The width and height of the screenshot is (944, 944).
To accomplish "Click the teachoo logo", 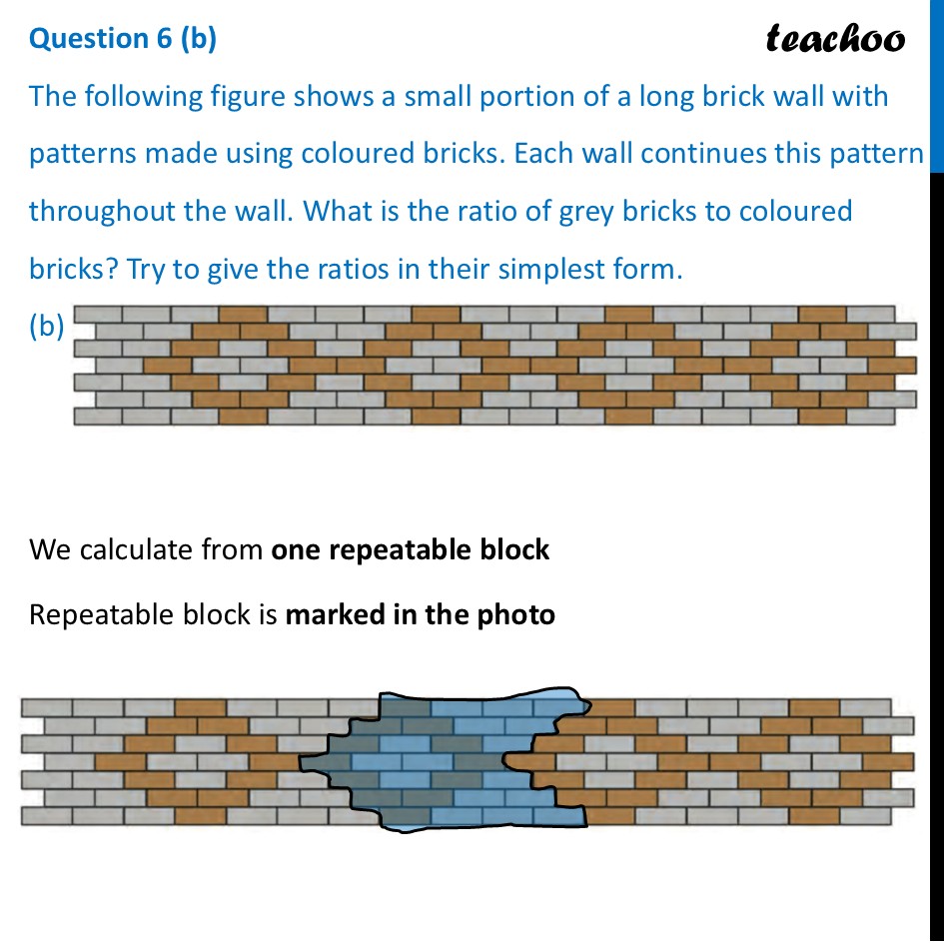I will click(835, 38).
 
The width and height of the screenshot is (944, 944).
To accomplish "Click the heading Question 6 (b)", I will click(123, 38).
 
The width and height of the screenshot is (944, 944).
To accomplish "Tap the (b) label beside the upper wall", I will click(47, 326).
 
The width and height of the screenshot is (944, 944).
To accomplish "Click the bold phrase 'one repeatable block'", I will click(411, 549).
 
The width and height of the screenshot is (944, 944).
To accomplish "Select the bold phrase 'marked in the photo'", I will click(420, 613).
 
